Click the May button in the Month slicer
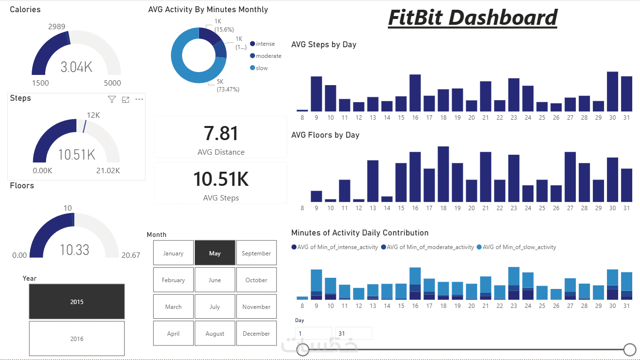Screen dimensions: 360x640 pyautogui.click(x=215, y=253)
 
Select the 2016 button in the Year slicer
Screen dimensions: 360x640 pyautogui.click(x=76, y=339)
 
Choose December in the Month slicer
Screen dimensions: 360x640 pyautogui.click(x=256, y=333)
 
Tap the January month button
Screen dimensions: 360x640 pyautogui.click(x=173, y=253)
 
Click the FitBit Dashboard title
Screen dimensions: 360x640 pyautogui.click(x=472, y=18)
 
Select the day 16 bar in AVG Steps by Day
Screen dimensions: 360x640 pyautogui.click(x=415, y=93)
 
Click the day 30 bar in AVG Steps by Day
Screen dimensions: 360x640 pyautogui.click(x=613, y=91)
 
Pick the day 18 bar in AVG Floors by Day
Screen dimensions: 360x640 pyautogui.click(x=443, y=174)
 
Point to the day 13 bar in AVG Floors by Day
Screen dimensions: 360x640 pyautogui.click(x=373, y=180)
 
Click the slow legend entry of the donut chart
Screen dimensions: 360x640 pyautogui.click(x=261, y=68)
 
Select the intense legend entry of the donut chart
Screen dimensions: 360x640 pyautogui.click(x=265, y=44)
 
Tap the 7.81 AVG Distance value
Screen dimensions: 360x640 pyautogui.click(x=220, y=134)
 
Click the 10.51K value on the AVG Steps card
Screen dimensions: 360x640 pyautogui.click(x=220, y=180)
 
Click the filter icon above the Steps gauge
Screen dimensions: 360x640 pyautogui.click(x=112, y=99)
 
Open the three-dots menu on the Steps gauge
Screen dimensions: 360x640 pyautogui.click(x=139, y=99)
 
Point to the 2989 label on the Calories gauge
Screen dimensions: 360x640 pyautogui.click(x=56, y=26)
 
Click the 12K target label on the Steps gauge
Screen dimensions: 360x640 pyautogui.click(x=93, y=115)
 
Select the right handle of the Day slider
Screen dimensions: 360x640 pyautogui.click(x=630, y=349)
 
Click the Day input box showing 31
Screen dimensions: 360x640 pyautogui.click(x=353, y=333)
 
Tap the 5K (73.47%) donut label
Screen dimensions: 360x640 pyautogui.click(x=228, y=86)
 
